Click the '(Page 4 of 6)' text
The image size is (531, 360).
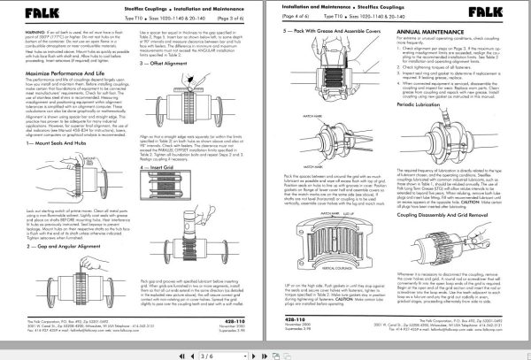pyautogui.click(x=287, y=18)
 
